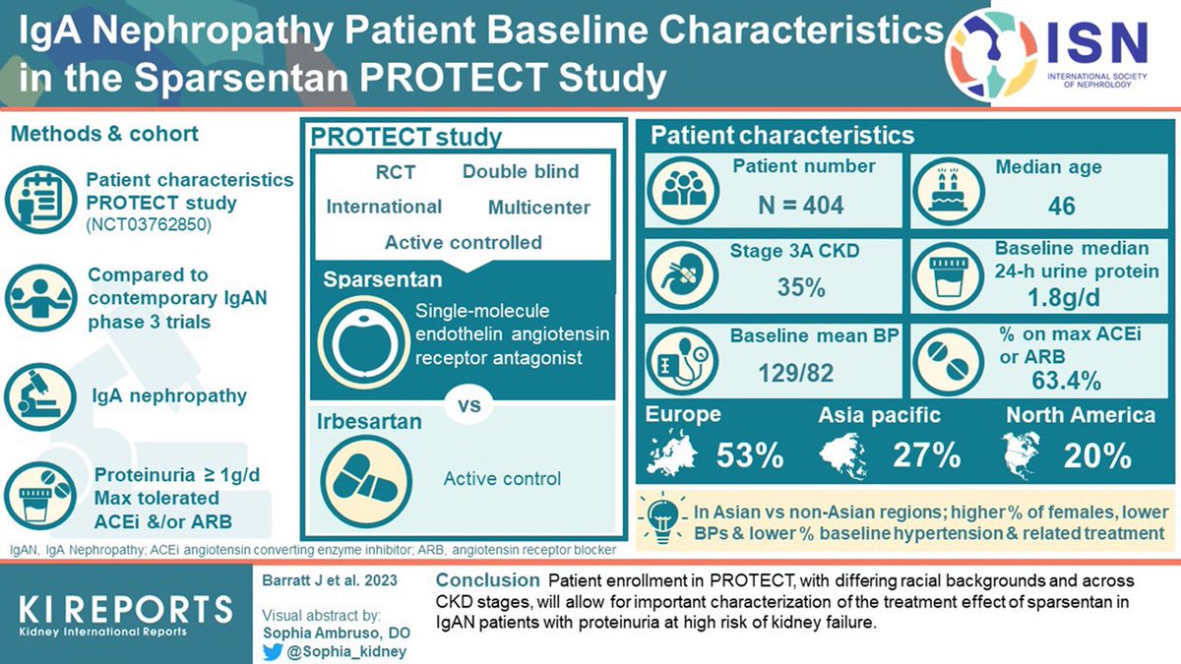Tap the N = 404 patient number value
click(x=801, y=205)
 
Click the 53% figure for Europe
click(x=749, y=455)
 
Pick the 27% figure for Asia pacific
click(x=926, y=455)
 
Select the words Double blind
click(x=521, y=172)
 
